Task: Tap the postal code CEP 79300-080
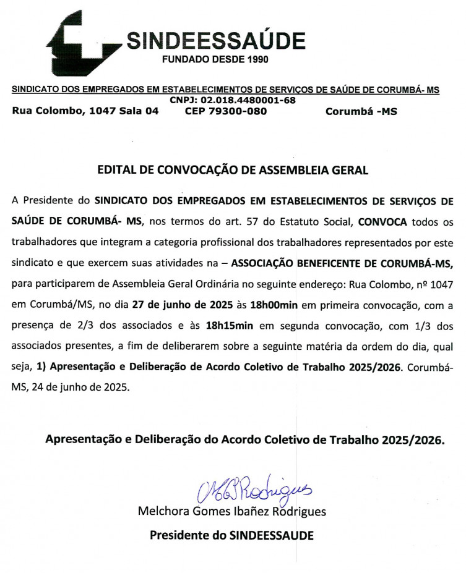[226, 111]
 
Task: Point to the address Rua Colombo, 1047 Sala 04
[85, 111]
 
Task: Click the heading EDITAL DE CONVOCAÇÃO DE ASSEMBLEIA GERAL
[233, 169]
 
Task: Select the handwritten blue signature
[251, 491]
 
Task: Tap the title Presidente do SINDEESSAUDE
[231, 535]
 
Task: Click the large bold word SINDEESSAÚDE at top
[215, 41]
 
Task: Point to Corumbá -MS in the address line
[361, 111]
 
